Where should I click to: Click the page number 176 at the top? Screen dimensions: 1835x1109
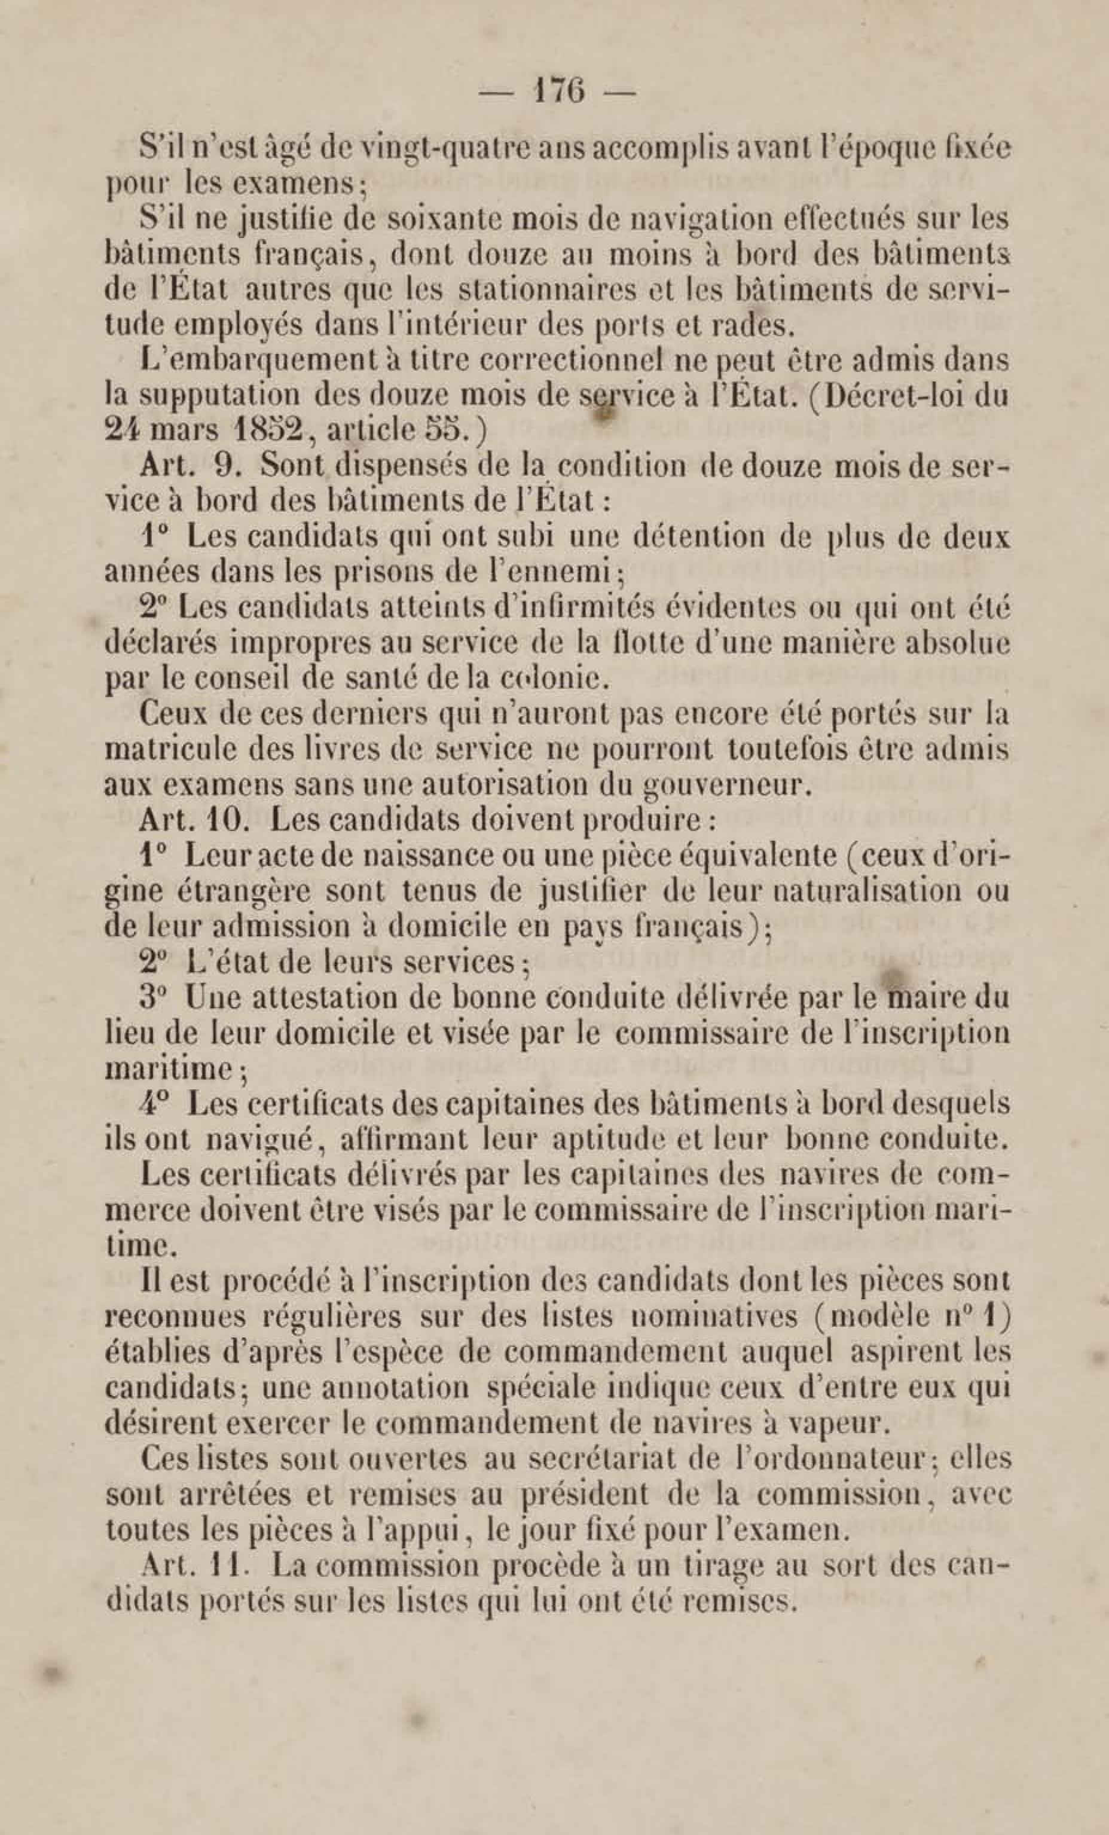pos(555,94)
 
